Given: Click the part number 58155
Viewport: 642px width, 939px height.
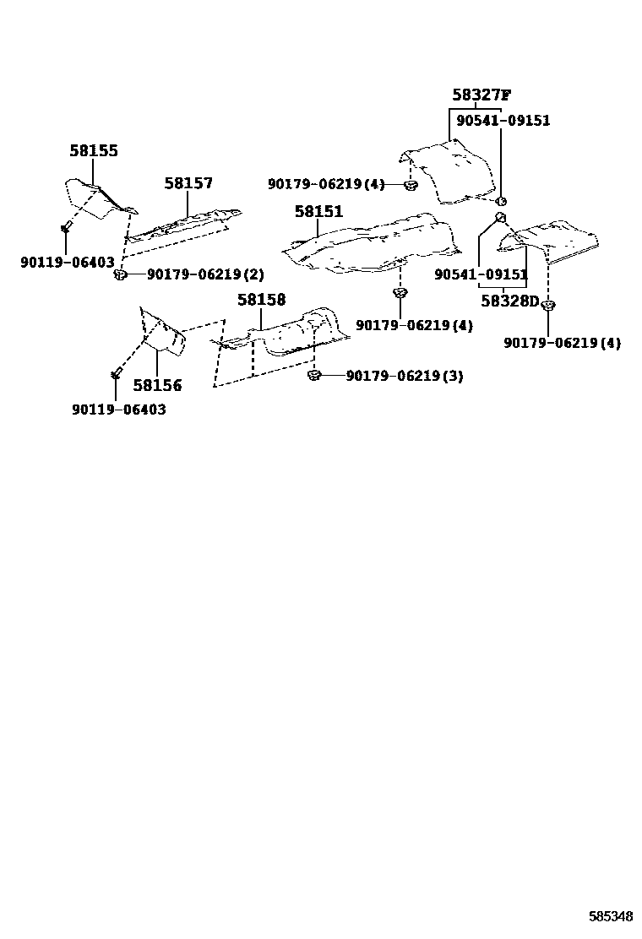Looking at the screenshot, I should coord(93,151).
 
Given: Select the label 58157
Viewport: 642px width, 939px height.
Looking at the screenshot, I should coord(188,183).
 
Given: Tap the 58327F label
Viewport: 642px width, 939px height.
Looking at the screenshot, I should coord(481,95).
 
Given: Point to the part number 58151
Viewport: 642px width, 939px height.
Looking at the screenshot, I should coord(318,211).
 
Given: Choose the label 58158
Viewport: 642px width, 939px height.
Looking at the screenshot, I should coord(261,300).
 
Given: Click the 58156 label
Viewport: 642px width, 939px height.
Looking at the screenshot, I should coord(157,385).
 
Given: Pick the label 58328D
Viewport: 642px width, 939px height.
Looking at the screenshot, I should coord(509,301).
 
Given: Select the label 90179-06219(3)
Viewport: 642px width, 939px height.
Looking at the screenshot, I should coord(405,376).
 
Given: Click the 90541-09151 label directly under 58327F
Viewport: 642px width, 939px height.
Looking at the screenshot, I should coord(503,121).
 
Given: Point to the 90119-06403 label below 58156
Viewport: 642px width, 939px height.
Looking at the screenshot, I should coord(118,410).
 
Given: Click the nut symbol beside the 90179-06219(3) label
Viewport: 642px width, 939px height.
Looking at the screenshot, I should coord(313,375).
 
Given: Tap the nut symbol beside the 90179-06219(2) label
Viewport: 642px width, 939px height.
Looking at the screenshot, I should coord(121,274).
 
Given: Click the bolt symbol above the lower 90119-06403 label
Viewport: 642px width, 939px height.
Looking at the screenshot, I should coord(116,372).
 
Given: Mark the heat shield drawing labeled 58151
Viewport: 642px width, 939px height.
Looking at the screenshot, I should coord(372,245).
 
